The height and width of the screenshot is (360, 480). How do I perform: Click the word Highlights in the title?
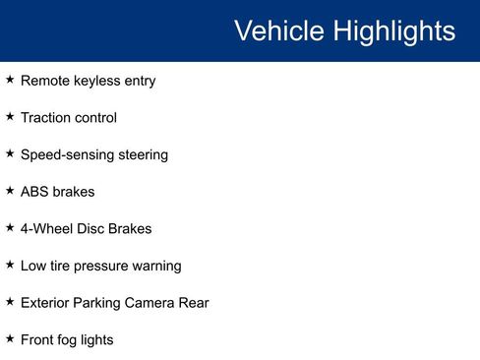[x=392, y=31]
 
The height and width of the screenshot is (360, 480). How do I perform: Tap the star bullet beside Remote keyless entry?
[x=10, y=80]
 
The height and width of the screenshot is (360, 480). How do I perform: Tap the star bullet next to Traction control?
[x=10, y=116]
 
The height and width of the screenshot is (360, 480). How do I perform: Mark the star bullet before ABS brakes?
[x=10, y=190]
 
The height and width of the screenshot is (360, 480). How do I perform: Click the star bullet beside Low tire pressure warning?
[x=10, y=265]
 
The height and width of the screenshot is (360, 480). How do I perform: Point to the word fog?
[x=74, y=340]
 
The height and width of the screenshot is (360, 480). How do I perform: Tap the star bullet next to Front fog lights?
[x=10, y=338]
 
